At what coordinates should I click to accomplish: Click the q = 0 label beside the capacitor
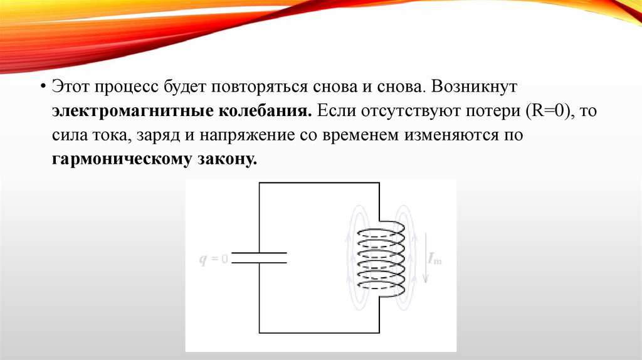click(214, 257)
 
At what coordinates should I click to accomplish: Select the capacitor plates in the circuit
click(259, 258)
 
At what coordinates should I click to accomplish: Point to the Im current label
click(435, 258)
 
